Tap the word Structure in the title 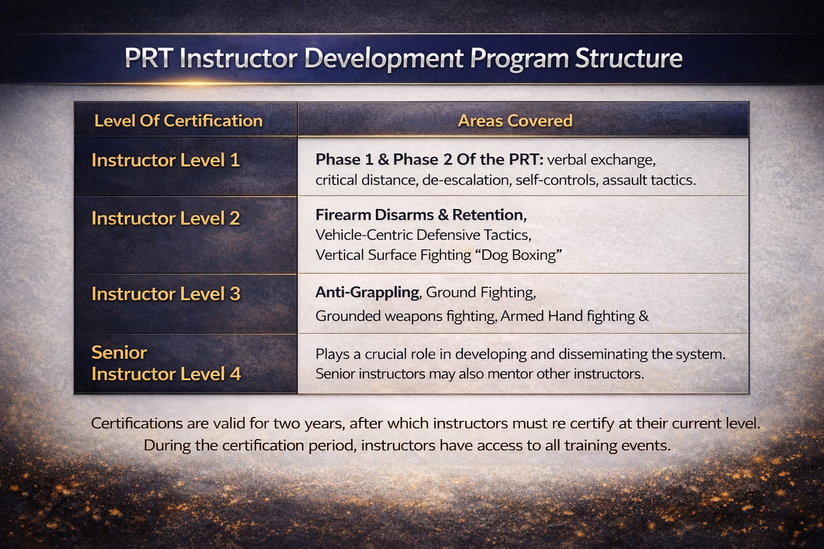(629, 58)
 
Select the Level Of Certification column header (179, 121)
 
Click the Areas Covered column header (515, 121)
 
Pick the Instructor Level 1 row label (166, 160)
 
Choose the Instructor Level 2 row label (166, 218)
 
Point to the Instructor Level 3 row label (166, 294)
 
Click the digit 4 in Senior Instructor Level (236, 374)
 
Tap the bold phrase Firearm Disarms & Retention (421, 215)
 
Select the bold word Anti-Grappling (367, 293)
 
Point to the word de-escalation (466, 180)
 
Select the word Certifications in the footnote (137, 423)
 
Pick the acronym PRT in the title (149, 58)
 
